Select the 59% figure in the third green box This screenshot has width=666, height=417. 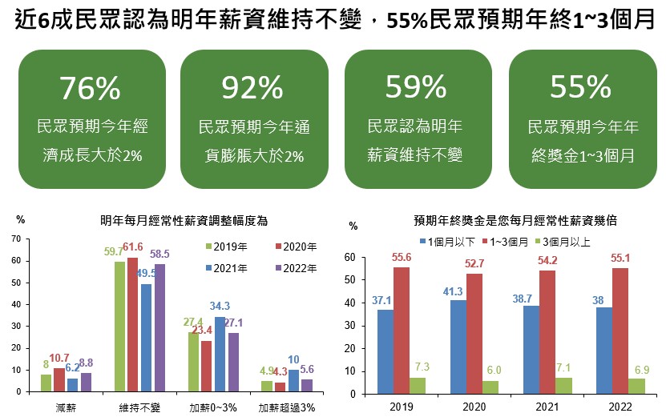pos(415,86)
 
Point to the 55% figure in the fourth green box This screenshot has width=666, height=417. pos(581,86)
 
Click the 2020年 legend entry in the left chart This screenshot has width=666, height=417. pos(296,246)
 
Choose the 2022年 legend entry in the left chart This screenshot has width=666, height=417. pos(296,267)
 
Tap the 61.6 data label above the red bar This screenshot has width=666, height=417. pos(133,247)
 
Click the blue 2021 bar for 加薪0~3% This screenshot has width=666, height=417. pos(220,354)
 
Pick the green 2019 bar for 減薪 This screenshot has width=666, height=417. pos(46,383)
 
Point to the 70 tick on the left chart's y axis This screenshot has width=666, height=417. pos(15,239)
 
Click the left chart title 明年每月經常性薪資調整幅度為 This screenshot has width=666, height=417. pos(183,219)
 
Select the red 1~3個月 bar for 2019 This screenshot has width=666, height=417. pos(402,330)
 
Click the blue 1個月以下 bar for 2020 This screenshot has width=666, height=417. pos(458,347)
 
